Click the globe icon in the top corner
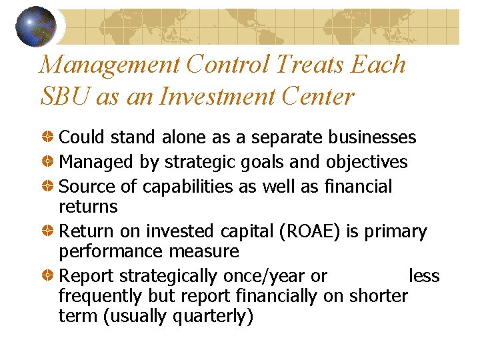coord(35,27)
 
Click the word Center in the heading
coord(319,97)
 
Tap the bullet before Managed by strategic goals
coord(49,162)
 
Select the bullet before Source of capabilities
coord(49,186)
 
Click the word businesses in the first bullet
coord(371,138)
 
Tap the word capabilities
coord(181,186)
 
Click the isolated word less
coord(424,276)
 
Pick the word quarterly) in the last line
coord(213,315)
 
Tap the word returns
coord(88,206)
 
